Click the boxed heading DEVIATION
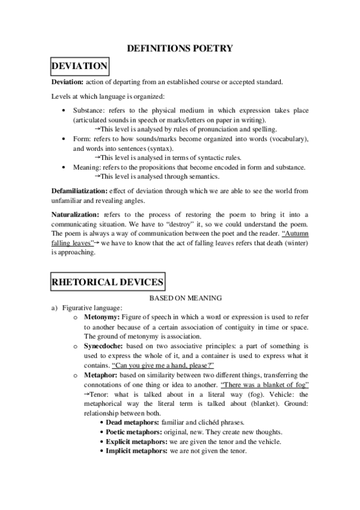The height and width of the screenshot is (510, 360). click(80, 66)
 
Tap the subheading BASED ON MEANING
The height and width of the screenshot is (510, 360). click(180, 297)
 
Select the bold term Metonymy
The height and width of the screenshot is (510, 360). click(102, 316)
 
